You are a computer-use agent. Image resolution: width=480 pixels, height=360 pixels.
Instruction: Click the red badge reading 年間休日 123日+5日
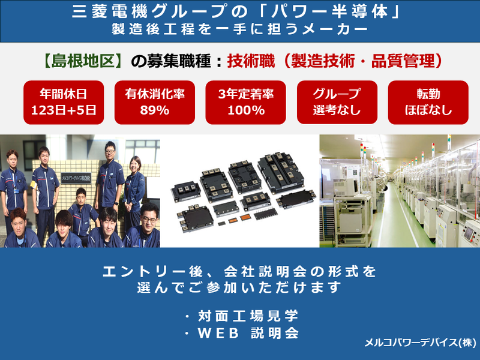(63, 101)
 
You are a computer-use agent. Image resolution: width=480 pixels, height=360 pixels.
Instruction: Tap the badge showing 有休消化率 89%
(154, 101)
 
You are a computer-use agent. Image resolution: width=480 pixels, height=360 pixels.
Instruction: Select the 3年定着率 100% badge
(245, 101)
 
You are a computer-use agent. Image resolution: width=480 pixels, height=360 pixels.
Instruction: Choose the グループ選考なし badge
(337, 101)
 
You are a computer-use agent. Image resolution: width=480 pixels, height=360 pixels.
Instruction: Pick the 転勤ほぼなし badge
(428, 101)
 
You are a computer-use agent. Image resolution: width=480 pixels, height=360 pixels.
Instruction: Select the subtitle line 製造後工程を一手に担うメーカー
(240, 29)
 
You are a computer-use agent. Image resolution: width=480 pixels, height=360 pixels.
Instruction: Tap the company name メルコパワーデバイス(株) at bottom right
(419, 344)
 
